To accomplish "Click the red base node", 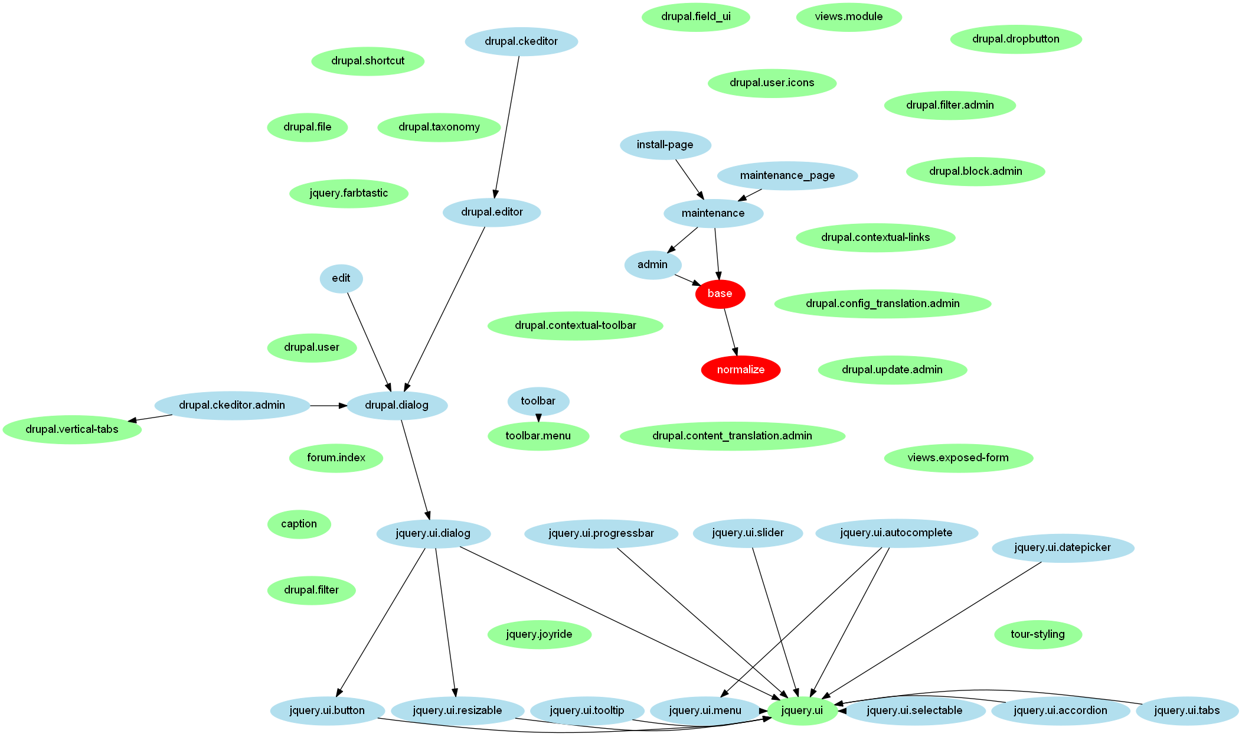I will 720,294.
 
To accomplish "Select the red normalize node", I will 740,370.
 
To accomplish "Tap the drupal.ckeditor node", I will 521,41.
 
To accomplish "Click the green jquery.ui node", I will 802,710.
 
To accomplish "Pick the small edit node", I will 341,278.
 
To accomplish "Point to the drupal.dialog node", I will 397,405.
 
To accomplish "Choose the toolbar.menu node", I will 538,436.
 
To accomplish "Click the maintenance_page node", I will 787,175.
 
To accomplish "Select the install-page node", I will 665,145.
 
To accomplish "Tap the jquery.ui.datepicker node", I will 1062,547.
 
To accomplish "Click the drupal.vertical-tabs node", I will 72,429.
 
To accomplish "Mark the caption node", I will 299,524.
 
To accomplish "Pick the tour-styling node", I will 1037,634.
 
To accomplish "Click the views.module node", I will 848,17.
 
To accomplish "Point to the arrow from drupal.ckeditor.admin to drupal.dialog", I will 328,406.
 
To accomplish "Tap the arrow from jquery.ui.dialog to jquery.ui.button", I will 381,622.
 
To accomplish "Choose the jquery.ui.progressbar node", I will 601,533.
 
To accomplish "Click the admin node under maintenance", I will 652,265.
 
